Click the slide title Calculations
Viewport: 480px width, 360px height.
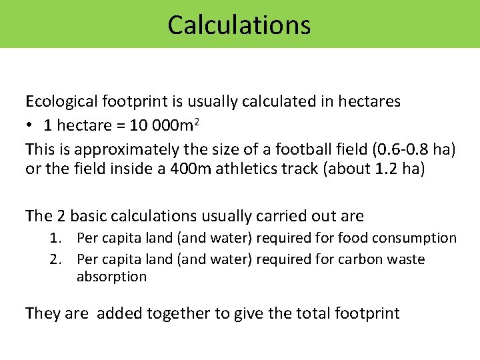point(239,25)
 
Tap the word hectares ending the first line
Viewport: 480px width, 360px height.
point(369,101)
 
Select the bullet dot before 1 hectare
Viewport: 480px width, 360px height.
point(30,125)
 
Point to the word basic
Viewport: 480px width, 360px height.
point(93,216)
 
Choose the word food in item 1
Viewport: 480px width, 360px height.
point(353,238)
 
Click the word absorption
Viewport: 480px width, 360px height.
point(111,277)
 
